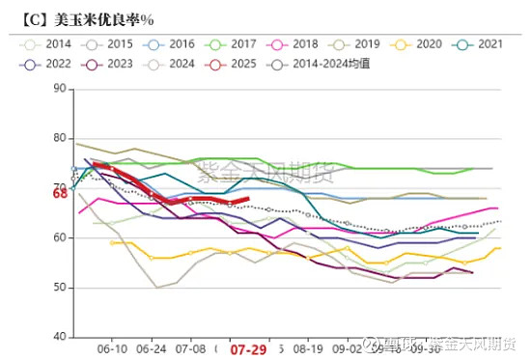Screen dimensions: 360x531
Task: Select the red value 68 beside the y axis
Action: (59, 194)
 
